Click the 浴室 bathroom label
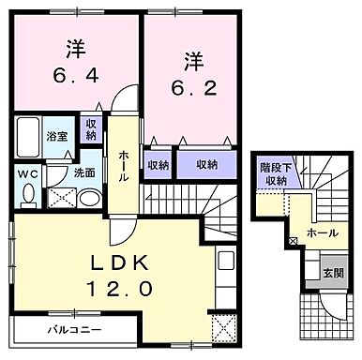pos(57,136)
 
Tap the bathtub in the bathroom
pos(27,141)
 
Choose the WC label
pos(26,173)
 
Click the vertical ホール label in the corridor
pos(123,166)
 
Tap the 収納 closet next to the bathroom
pos(91,130)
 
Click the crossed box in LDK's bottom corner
pos(224,329)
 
